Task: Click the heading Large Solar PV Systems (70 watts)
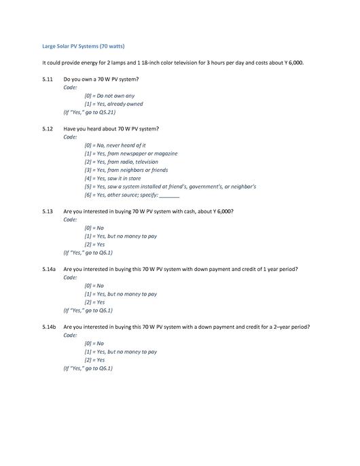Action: coord(83,46)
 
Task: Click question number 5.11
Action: coord(47,79)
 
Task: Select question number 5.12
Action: coord(47,128)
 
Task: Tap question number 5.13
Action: coord(47,211)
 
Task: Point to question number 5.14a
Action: coord(48,269)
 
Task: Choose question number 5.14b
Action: coord(48,327)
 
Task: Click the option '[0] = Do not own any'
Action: coord(109,96)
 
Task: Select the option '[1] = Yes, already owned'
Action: coord(113,104)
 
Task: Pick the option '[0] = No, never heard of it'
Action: coord(115,145)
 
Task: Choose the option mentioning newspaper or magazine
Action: coord(130,154)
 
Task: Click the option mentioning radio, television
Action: coord(121,162)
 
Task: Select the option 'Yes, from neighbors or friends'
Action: coord(126,170)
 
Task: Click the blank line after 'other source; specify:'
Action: coord(168,195)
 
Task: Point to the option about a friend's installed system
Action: coord(170,186)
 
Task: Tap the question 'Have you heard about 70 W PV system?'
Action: coord(111,128)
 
